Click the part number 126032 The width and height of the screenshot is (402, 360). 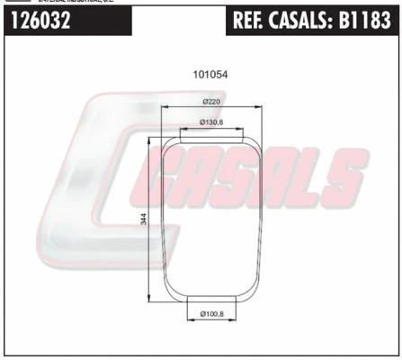42,22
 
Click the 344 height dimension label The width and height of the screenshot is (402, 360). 144,220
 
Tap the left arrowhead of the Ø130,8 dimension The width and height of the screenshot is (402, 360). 183,128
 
